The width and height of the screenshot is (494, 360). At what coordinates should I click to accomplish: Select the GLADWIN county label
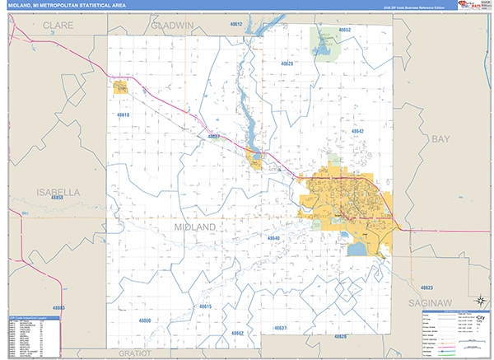(172, 26)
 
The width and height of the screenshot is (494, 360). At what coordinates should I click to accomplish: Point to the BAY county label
(441, 139)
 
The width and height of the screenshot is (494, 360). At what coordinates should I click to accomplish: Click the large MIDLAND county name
(195, 226)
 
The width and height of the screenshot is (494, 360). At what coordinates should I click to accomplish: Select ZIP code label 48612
(237, 25)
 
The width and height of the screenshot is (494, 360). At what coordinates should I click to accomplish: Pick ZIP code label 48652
(345, 30)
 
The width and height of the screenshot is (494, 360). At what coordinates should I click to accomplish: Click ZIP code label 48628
(287, 63)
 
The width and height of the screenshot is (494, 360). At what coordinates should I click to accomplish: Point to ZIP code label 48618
(123, 115)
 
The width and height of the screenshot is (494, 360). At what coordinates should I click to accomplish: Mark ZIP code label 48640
(274, 238)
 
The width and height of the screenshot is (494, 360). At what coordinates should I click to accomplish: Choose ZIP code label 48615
(205, 306)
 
